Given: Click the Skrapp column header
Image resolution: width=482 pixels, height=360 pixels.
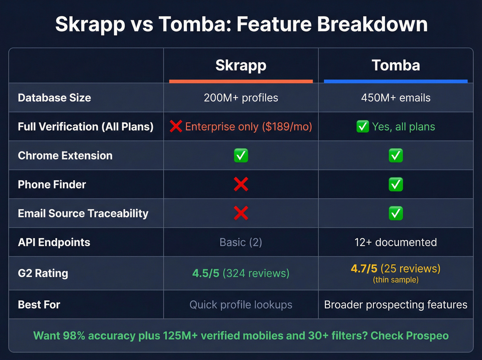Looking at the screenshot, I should click(x=241, y=65).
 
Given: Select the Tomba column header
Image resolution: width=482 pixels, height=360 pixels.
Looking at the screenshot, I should click(x=396, y=65).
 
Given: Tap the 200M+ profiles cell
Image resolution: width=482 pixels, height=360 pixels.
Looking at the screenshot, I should click(x=241, y=98).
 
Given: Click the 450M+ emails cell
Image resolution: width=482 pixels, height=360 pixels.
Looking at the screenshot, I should click(x=396, y=98).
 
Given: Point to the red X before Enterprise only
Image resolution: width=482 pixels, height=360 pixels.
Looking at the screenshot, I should click(x=176, y=126).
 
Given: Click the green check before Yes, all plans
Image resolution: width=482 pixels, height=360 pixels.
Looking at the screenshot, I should click(x=363, y=126).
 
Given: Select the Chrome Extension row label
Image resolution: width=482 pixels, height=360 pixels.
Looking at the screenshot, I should click(x=65, y=156).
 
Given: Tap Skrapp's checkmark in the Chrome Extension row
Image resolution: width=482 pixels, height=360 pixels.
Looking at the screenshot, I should click(x=241, y=156).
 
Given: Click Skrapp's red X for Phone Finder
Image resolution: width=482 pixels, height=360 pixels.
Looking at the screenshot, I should click(x=241, y=184).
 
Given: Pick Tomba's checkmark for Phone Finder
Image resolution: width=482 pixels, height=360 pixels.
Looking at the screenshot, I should click(x=396, y=184).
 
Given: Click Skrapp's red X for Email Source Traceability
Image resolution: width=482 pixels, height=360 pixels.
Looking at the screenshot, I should click(x=241, y=213).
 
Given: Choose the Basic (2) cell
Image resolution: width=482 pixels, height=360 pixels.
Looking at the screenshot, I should click(x=241, y=242).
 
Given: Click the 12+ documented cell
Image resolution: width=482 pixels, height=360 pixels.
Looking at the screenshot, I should click(x=396, y=242).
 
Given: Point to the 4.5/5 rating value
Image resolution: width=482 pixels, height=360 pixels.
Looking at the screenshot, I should click(x=206, y=273).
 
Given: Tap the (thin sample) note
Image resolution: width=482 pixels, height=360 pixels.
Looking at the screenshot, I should click(x=396, y=280).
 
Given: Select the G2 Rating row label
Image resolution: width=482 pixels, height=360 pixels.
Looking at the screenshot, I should click(x=43, y=273).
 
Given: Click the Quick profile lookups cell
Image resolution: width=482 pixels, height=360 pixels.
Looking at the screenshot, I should click(x=241, y=305).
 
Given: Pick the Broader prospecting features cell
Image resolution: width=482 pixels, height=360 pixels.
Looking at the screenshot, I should click(x=396, y=305).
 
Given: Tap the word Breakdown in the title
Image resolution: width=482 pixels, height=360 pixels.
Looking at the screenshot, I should click(x=372, y=24).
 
